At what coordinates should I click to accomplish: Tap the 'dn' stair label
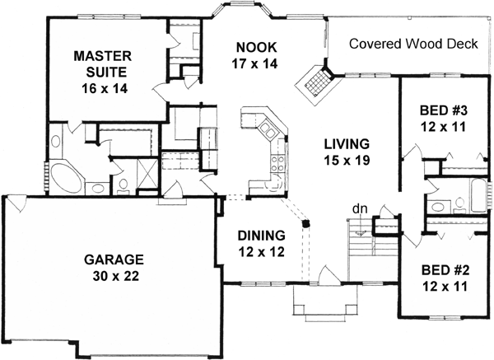[359, 208]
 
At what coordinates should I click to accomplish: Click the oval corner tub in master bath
[64, 176]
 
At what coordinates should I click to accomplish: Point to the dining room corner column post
[306, 222]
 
